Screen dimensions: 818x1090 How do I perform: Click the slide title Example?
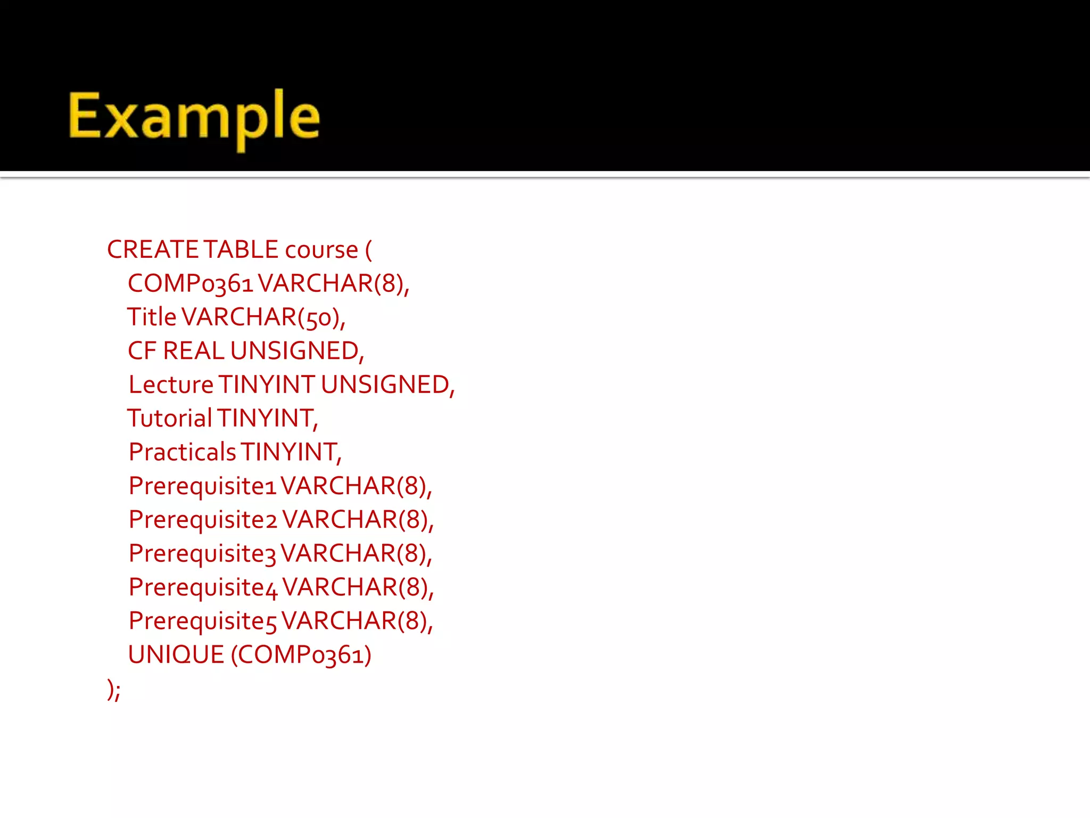tap(194, 118)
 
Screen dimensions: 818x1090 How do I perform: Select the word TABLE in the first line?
tap(241, 250)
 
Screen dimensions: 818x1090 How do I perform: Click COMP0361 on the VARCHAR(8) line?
tap(190, 283)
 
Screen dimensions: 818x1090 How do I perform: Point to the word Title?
tap(152, 317)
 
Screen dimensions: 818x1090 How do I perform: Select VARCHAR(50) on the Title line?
tap(263, 318)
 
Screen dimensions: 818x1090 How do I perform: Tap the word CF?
tap(142, 351)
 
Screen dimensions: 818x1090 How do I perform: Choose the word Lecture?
tap(171, 385)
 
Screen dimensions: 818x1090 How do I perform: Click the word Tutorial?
tap(170, 418)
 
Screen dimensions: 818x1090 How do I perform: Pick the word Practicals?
tap(182, 452)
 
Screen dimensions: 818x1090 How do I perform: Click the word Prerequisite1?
tap(202, 486)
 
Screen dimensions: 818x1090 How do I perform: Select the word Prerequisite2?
tap(203, 520)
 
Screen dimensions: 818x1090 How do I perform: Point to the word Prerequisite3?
tap(202, 554)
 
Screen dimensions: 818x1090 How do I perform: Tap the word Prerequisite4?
tap(203, 587)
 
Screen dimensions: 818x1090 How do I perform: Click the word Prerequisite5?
tap(202, 621)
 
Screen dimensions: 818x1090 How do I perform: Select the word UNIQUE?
tap(176, 655)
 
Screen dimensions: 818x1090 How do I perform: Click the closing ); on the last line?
tap(114, 690)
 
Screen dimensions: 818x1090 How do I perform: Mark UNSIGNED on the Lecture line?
tap(387, 385)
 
